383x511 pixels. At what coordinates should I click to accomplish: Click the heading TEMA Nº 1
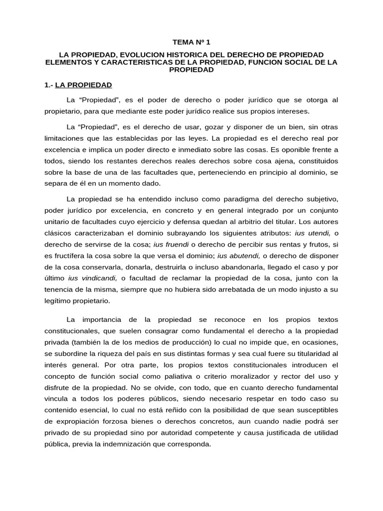pos(191,43)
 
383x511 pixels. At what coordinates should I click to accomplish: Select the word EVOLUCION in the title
pos(140,54)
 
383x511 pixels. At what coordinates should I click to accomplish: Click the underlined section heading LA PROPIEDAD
pos(84,85)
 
